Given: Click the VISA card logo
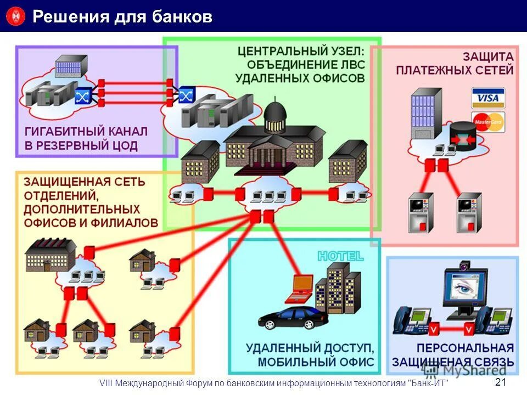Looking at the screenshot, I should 488,98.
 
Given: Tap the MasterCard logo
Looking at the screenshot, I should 488,122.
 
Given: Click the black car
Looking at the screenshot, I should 293,318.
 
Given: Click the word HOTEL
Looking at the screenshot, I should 340,256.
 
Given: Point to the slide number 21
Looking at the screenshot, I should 501,382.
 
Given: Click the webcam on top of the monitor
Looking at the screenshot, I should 464,266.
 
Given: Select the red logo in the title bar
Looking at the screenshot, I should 16,16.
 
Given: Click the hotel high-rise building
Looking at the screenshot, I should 338,287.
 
